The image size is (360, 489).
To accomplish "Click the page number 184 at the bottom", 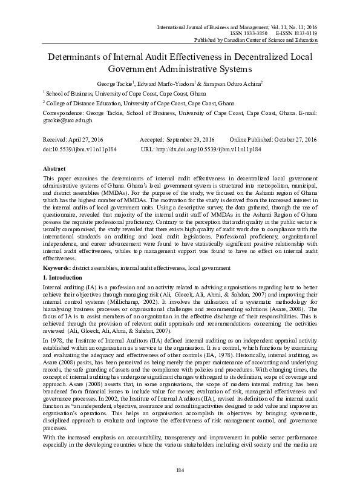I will click(180, 471).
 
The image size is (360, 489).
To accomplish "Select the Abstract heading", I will click(56, 168).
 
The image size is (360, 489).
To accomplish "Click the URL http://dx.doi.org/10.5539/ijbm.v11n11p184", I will click(208, 148).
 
